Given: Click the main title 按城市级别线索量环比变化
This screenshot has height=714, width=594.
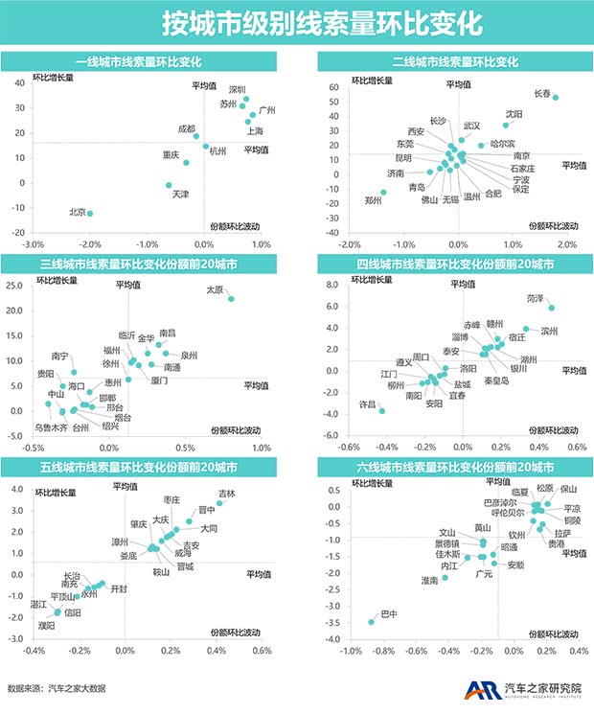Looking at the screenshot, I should tap(297, 22).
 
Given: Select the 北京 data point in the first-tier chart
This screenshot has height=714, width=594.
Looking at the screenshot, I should tap(90, 214).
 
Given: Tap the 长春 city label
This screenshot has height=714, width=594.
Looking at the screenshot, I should tap(541, 93).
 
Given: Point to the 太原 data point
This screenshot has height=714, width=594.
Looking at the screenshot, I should tap(231, 299).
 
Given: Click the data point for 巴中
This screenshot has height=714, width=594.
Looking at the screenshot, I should tap(372, 622).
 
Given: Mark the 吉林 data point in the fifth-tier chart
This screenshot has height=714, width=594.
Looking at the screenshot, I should tap(219, 503).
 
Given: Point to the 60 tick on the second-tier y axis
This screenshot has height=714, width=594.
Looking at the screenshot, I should tap(335, 87).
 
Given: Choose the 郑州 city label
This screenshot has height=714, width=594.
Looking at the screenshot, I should tap(373, 200).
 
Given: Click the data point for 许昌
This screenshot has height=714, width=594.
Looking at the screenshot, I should tap(382, 410).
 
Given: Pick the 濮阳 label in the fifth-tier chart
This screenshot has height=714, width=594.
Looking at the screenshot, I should tap(46, 625).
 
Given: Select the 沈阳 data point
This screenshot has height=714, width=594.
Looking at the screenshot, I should tap(506, 126).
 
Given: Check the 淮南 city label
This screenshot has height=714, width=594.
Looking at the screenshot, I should tap(429, 581).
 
